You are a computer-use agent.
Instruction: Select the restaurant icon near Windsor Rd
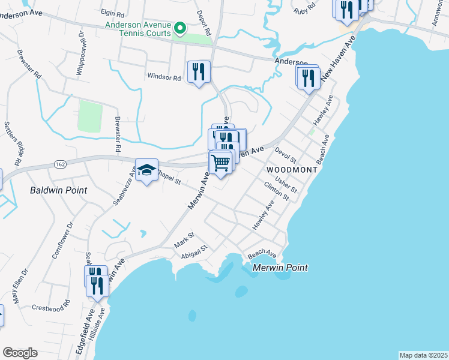(x=198, y=73)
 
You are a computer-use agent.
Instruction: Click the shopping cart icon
(x=221, y=162)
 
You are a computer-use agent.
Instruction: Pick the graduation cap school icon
(x=146, y=170)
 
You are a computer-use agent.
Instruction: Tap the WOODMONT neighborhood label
(x=291, y=170)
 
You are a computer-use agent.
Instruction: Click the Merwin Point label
(x=280, y=268)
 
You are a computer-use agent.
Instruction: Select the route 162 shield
(x=59, y=164)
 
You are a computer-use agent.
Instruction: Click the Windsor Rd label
(x=164, y=77)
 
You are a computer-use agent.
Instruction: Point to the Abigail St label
(x=194, y=252)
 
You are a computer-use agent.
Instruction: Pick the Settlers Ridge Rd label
(x=13, y=144)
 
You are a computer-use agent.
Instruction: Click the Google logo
(x=20, y=353)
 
